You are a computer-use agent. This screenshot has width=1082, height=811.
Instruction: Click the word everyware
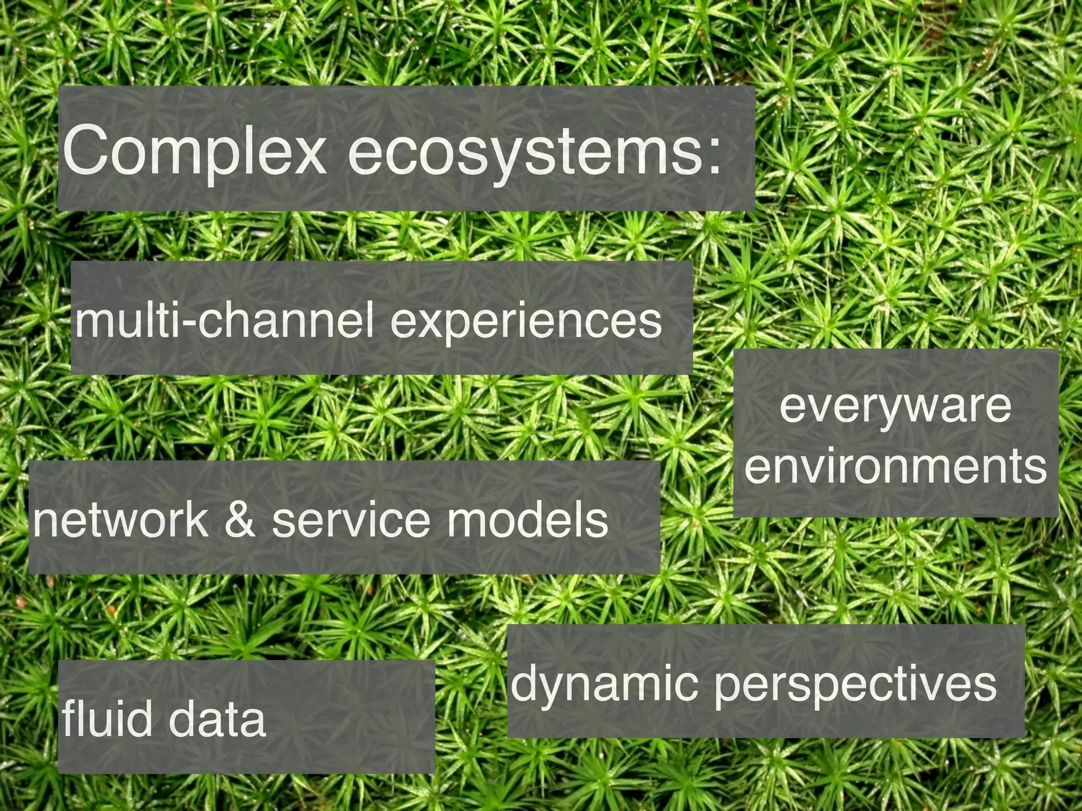point(895,407)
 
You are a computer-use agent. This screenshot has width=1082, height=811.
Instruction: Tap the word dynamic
point(602,684)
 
